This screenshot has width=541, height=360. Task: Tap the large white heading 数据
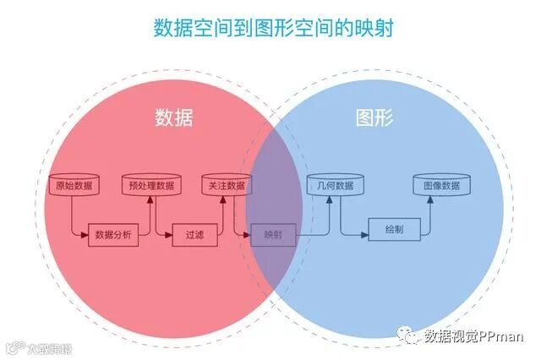[173, 117]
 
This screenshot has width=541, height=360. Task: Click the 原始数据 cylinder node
[74, 185]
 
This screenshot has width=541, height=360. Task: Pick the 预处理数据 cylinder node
[152, 185]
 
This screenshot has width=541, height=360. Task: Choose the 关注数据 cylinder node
[224, 185]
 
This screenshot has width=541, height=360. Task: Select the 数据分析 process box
[112, 236]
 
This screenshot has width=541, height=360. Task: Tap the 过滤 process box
[189, 236]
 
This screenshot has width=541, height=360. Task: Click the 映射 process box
[272, 236]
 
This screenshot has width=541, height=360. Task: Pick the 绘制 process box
[393, 228]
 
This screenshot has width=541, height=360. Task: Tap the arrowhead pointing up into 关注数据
[221, 199]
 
